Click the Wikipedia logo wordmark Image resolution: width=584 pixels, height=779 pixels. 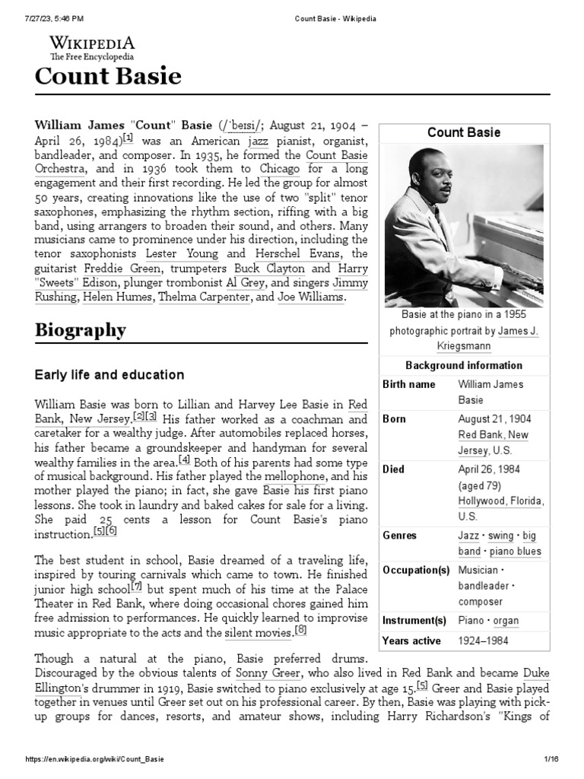point(93,43)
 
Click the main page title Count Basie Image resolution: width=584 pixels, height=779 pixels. point(108,76)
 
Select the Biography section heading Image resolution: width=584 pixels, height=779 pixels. point(80,331)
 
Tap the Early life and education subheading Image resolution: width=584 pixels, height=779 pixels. point(109,375)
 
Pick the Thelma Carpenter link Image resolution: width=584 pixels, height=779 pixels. point(204,297)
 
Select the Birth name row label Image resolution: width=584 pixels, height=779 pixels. point(408,384)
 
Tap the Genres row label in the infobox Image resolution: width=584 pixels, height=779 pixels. point(400,536)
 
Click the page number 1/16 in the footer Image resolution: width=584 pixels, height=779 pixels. point(551,759)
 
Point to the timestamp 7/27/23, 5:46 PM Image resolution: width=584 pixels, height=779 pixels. point(57,17)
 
